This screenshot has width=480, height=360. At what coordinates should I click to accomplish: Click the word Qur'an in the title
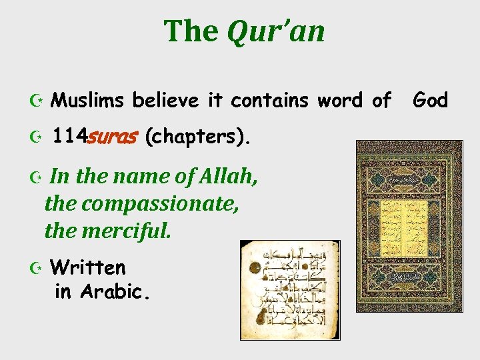pos(276,31)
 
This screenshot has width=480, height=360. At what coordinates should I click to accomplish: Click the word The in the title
pos(191,31)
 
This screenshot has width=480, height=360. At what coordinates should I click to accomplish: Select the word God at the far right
pos(430,101)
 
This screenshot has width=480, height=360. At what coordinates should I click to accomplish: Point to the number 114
pos(69,137)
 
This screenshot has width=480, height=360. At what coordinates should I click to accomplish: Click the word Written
pos(88,268)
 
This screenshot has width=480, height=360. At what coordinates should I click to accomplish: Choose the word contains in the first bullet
pos(269,101)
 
